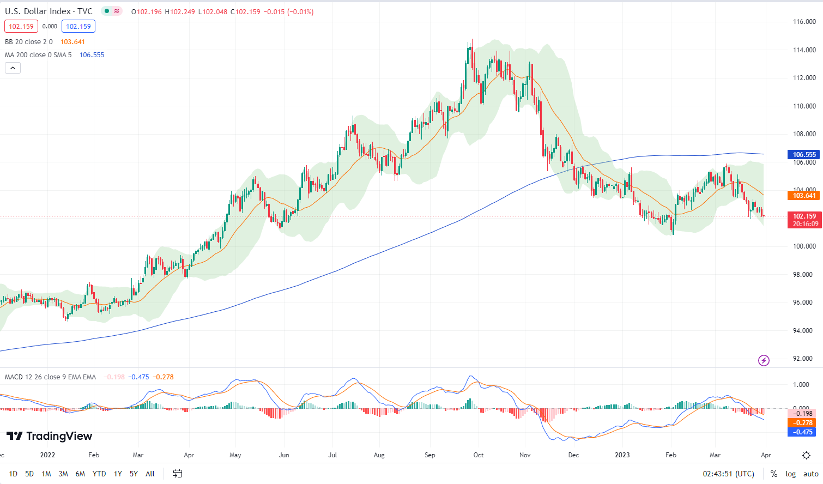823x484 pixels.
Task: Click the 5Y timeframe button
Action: (134, 474)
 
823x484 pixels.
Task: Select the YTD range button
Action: (99, 474)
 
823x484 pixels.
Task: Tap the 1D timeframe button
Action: (13, 474)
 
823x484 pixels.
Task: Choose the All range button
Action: (150, 474)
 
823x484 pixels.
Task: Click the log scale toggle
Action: (790, 474)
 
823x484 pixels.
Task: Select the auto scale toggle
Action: (810, 474)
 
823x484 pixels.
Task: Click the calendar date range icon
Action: (178, 474)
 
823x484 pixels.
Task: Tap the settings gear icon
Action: (806, 455)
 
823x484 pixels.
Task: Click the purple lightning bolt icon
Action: (764, 360)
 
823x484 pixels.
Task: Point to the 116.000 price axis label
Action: (804, 22)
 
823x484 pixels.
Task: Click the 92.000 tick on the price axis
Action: (804, 359)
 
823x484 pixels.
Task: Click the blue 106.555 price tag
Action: (804, 155)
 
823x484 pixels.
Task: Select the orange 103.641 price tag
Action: (804, 196)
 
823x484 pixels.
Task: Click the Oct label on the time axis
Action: (479, 455)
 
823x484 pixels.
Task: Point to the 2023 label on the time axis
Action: (622, 455)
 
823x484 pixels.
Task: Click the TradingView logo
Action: (50, 436)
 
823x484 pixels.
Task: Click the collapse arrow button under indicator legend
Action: (13, 68)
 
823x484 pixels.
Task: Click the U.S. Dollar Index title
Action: (49, 11)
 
